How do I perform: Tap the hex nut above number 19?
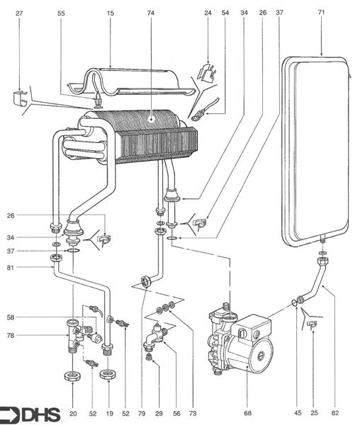coord(108,373)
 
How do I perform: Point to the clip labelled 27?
coord(21,99)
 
